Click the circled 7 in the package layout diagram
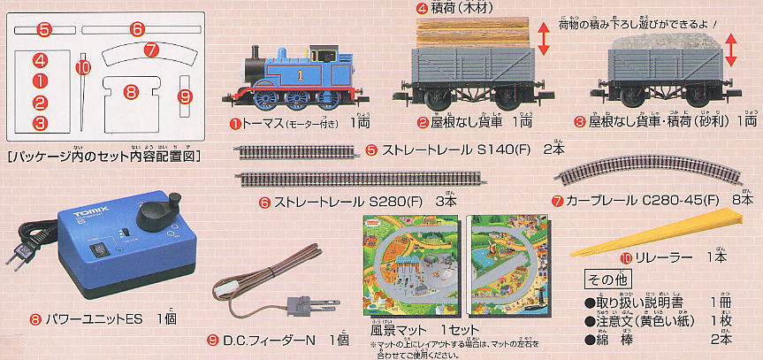point(151,51)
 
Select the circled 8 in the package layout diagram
point(131,91)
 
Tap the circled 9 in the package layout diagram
point(185,96)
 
